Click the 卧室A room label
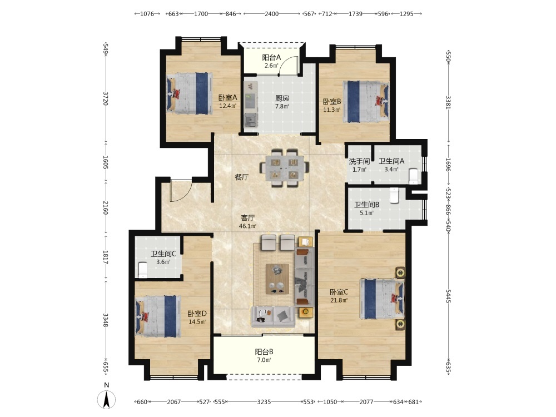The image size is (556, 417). [227, 97]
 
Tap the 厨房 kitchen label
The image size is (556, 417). [282, 98]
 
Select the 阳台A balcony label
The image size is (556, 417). [271, 57]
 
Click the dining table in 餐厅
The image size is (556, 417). [284, 168]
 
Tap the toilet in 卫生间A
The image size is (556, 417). [413, 176]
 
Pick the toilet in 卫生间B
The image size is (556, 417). [395, 195]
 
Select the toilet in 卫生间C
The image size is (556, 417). [142, 270]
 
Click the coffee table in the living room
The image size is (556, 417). [277, 279]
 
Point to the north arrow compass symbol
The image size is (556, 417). [106, 399]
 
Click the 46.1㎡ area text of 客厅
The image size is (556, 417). [247, 226]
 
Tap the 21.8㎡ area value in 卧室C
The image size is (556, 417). [339, 300]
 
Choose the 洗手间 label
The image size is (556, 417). [359, 162]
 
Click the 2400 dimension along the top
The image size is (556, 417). [272, 14]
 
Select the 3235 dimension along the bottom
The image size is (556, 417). [264, 402]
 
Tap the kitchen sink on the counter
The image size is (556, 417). [251, 120]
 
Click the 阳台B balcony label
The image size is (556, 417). [264, 352]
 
